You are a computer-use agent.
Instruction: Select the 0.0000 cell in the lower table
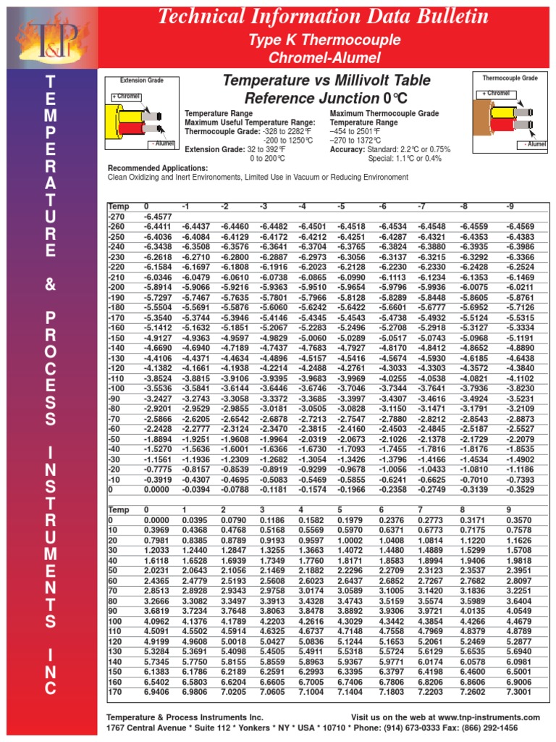pyautogui.click(x=157, y=520)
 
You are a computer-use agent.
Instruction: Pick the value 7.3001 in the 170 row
pyautogui.click(x=519, y=693)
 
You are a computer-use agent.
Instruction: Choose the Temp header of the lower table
pyautogui.click(x=119, y=510)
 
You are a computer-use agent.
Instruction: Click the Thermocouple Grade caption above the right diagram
pyautogui.click(x=510, y=77)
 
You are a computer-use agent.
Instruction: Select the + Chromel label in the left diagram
pyautogui.click(x=126, y=96)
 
